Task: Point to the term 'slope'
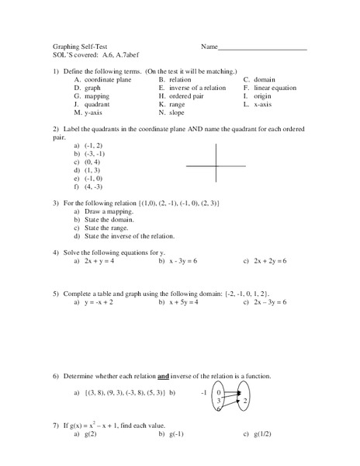pyautogui.click(x=180, y=113)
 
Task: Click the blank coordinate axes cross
pyautogui.click(x=216, y=164)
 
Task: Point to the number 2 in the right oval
pyautogui.click(x=244, y=402)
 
